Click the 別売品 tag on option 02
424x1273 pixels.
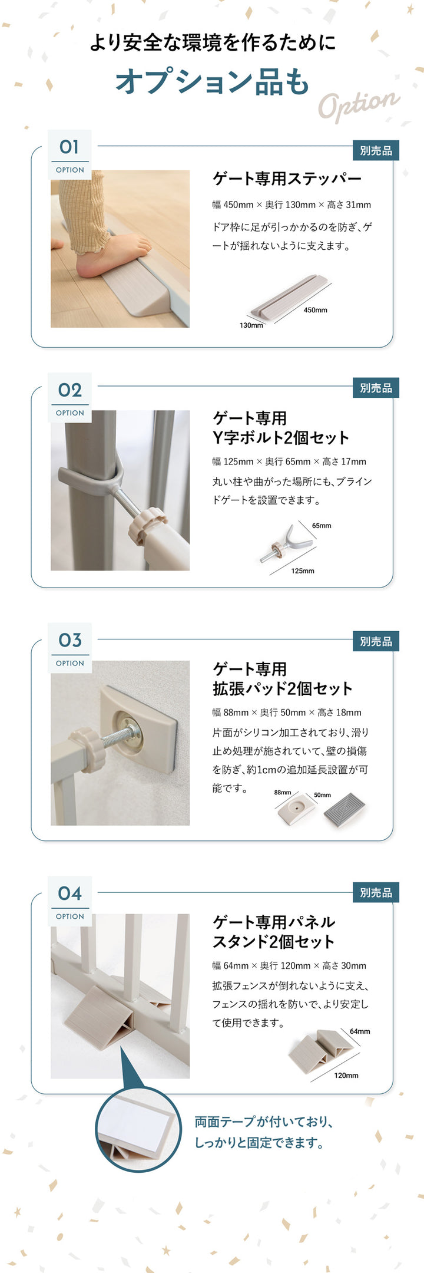tap(376, 388)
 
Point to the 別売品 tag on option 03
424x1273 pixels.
tap(376, 641)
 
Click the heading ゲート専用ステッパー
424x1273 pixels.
tap(287, 178)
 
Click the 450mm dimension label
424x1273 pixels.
tap(315, 310)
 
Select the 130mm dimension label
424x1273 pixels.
tap(251, 325)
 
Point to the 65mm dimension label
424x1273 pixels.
tap(322, 526)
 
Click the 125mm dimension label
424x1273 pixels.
tap(303, 571)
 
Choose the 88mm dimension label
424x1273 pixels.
tap(283, 793)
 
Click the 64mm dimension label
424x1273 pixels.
tap(360, 1031)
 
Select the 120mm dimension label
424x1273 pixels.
tap(346, 1076)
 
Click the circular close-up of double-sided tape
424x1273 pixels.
tap(139, 1130)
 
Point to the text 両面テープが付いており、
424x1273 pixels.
tap(264, 1122)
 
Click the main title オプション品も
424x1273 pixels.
tap(212, 81)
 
